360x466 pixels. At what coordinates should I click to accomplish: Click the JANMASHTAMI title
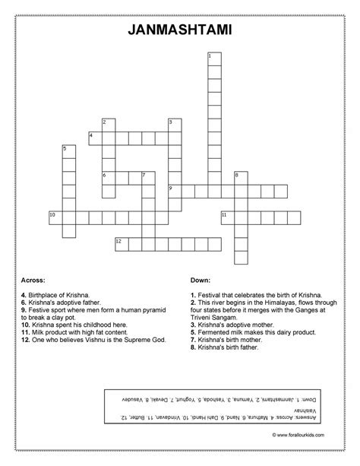click(180, 31)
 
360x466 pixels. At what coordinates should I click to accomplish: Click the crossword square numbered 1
click(214, 59)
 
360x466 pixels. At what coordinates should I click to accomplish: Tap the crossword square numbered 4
click(95, 137)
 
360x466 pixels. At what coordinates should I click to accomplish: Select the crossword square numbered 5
click(68, 151)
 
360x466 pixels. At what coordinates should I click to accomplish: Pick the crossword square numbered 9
click(174, 190)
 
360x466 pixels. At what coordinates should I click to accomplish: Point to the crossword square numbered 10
click(55, 217)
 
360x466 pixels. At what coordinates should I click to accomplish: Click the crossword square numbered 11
click(227, 217)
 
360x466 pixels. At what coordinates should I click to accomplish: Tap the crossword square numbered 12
click(122, 243)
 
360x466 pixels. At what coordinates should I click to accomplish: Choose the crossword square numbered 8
click(241, 177)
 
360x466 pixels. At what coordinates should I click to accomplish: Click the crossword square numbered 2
click(108, 124)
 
